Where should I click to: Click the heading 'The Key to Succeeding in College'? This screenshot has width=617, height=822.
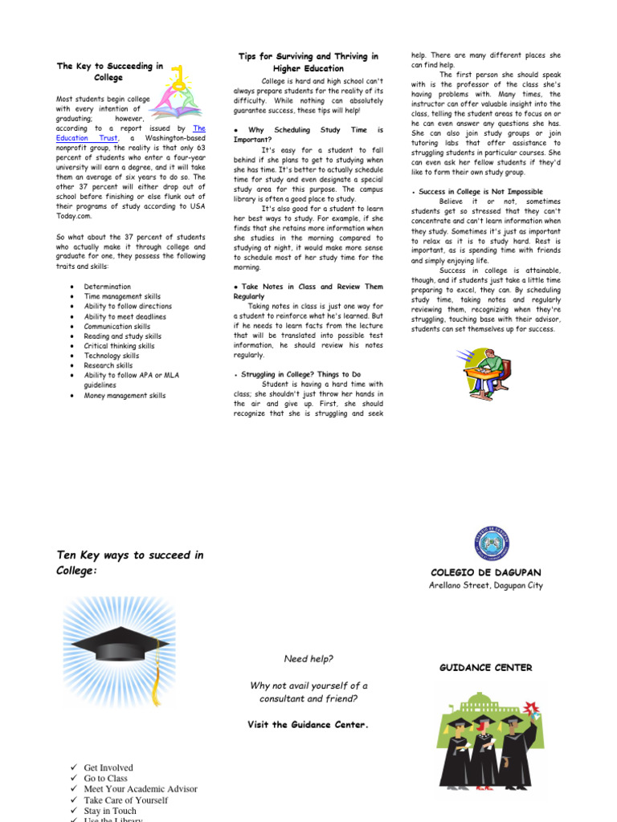[x=109, y=71]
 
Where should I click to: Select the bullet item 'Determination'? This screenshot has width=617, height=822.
[x=107, y=287]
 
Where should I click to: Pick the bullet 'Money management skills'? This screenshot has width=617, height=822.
[x=125, y=396]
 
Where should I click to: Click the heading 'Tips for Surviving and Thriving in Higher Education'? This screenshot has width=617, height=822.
[x=308, y=63]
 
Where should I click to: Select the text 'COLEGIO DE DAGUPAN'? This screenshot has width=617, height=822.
[x=486, y=572]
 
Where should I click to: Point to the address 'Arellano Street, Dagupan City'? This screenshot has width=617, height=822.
[x=486, y=585]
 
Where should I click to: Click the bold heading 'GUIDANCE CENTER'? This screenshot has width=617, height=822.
[x=485, y=667]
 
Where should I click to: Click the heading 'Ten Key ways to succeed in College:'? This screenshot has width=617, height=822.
[x=129, y=562]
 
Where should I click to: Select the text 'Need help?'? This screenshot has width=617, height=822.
[x=308, y=659]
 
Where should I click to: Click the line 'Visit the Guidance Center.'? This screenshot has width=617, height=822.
[x=308, y=724]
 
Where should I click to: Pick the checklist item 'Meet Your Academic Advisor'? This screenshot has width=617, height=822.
[x=141, y=789]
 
